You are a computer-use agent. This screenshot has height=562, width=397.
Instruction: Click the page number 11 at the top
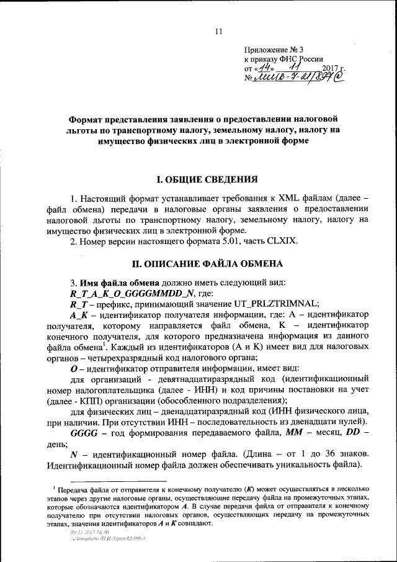(x=218, y=32)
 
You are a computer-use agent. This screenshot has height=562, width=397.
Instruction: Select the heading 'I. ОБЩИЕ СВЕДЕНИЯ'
(x=207, y=180)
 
